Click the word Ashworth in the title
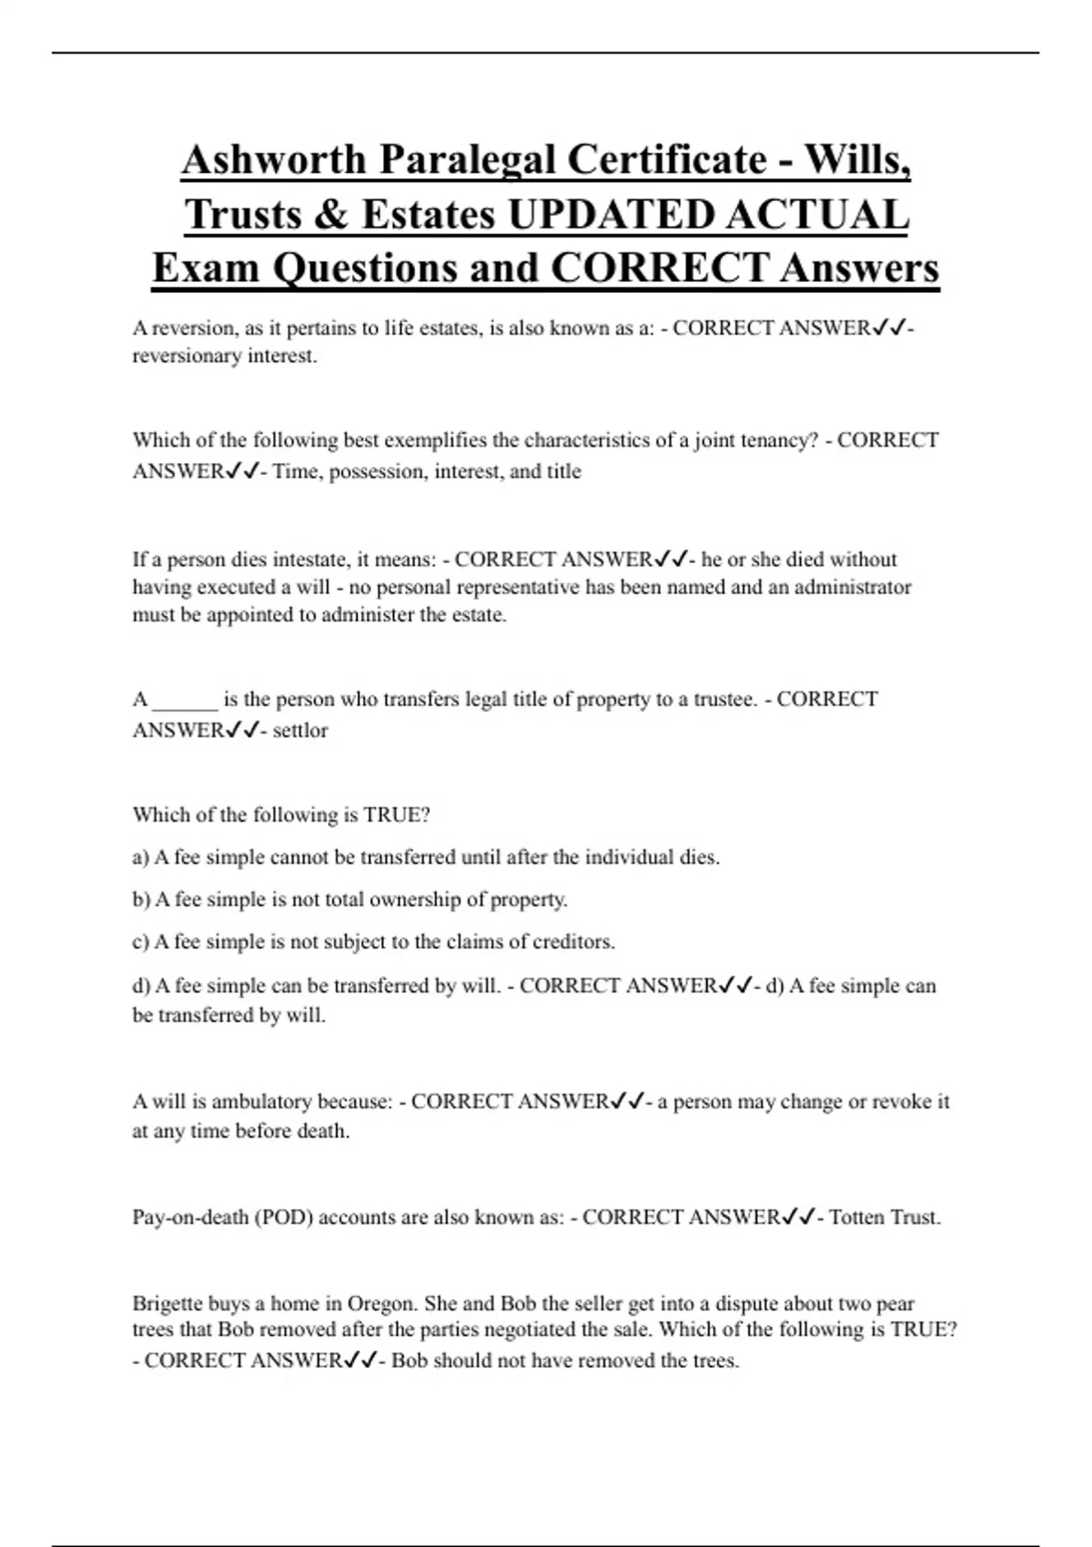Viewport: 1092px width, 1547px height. (272, 160)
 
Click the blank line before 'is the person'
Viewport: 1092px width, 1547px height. (186, 700)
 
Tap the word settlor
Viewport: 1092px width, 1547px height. (300, 730)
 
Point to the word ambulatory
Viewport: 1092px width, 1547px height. (261, 1102)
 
